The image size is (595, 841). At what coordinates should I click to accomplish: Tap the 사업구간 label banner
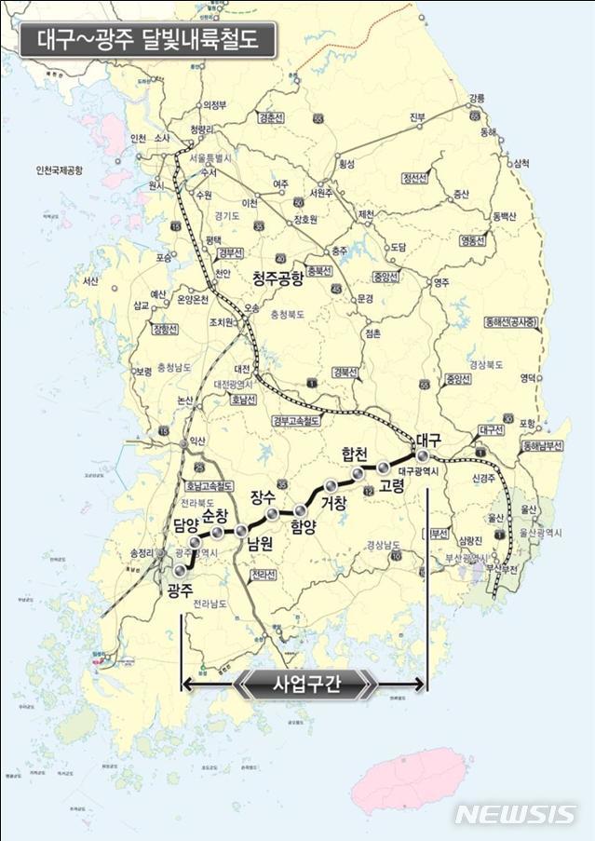pos(306,685)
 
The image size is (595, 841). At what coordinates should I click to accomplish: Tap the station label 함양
pos(304,528)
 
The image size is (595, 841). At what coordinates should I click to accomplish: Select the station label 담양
pos(186,525)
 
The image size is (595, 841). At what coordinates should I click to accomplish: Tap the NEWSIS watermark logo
pos(514,813)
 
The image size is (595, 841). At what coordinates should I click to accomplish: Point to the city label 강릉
pos(477,98)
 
